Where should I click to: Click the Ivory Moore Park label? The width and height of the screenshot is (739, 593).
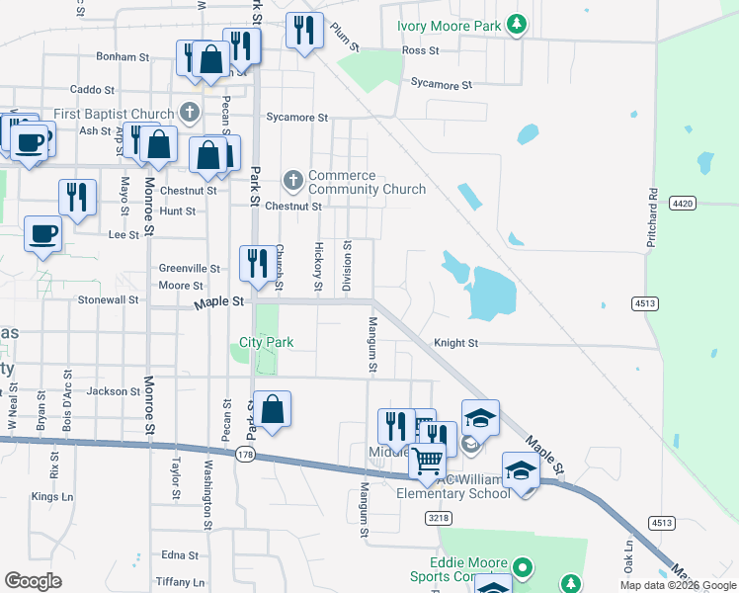(448, 26)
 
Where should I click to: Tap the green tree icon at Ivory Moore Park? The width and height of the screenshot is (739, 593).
(516, 24)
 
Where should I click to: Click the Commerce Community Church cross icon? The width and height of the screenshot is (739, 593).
(292, 180)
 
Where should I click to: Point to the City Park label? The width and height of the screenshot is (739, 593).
(267, 343)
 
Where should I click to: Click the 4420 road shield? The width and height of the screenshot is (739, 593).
(682, 203)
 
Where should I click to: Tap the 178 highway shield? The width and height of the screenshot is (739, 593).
(246, 454)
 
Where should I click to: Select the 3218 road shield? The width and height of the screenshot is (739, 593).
(438, 517)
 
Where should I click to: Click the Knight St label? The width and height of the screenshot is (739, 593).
(455, 343)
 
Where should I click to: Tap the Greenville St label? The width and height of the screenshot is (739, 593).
(190, 268)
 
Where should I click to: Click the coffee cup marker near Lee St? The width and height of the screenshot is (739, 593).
(42, 234)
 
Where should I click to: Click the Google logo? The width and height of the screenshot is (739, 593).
(33, 581)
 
